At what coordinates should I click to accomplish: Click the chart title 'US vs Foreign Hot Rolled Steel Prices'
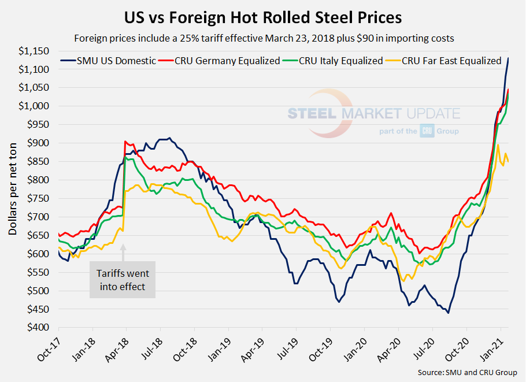pyautogui.click(x=263, y=17)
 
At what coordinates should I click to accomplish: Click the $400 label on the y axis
pyautogui.click(x=41, y=328)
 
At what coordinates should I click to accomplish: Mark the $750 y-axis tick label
pyautogui.click(x=41, y=199)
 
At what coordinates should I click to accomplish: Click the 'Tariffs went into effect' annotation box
pyautogui.click(x=122, y=280)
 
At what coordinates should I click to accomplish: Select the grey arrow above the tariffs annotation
pyautogui.click(x=123, y=250)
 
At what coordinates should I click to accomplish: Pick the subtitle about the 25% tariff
pyautogui.click(x=263, y=39)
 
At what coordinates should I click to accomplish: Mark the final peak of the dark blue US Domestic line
pyautogui.click(x=508, y=58)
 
